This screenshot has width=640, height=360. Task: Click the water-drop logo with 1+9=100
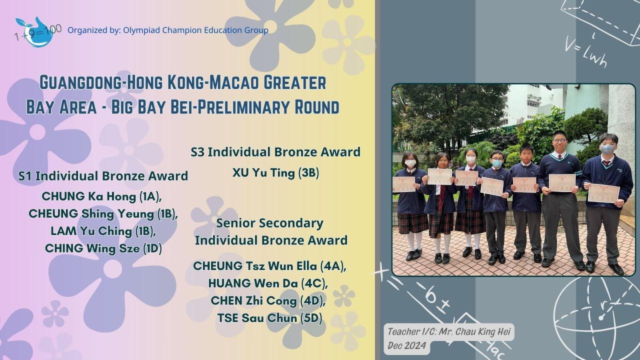[x=37, y=32]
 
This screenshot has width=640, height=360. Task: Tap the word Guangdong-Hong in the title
[x=101, y=82]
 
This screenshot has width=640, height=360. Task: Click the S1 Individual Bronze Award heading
[x=103, y=176]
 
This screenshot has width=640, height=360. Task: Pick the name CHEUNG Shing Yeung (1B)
[x=103, y=214]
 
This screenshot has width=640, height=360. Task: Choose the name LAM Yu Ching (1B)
[x=103, y=231]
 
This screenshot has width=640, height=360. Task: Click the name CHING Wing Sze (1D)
[x=103, y=248]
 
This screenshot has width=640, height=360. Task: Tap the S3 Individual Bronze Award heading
[x=275, y=152]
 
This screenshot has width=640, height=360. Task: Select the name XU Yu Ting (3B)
[x=275, y=173]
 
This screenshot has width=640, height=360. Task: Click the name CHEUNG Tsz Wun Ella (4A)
[x=270, y=266]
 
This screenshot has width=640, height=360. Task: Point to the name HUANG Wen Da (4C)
[x=268, y=283]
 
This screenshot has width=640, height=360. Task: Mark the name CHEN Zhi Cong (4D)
[x=268, y=300]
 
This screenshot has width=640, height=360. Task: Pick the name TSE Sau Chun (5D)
[x=269, y=318]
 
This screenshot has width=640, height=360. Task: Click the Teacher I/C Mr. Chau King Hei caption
[x=449, y=331]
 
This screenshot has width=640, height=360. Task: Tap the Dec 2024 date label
[x=407, y=345]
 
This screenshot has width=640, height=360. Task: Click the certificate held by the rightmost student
[x=603, y=193]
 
